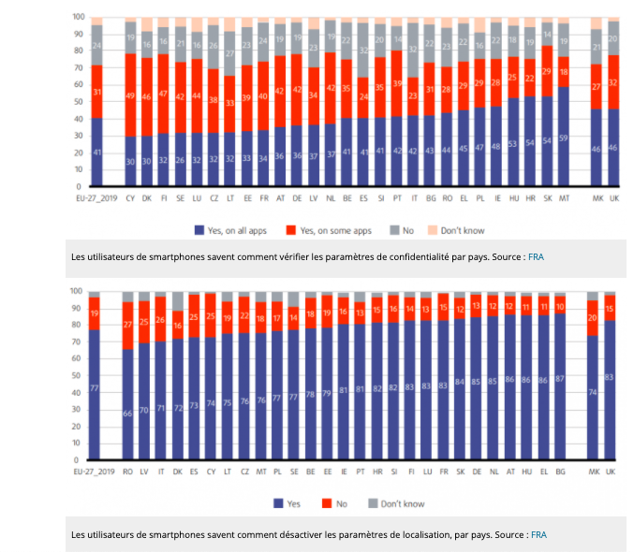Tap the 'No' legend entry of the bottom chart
tap(339, 503)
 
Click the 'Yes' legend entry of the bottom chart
tap(289, 503)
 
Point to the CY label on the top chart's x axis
tap(131, 198)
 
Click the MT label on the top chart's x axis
tap(563, 198)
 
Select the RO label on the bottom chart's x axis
tap(128, 472)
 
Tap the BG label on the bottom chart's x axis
tap(560, 472)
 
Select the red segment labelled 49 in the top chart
tap(131, 94)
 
